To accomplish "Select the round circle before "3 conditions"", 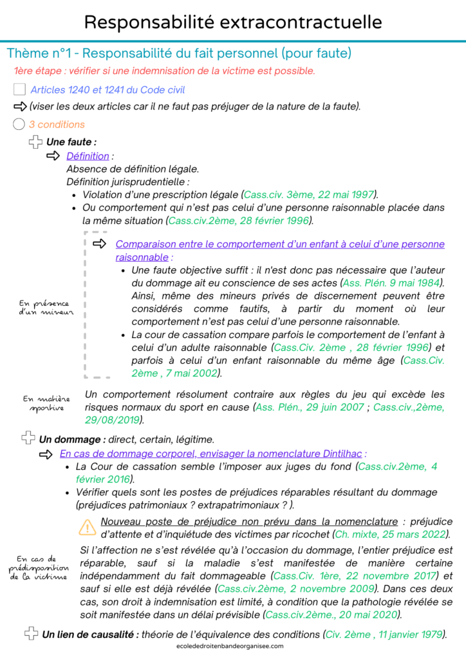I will point(19,124).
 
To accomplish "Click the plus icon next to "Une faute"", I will point(35,142).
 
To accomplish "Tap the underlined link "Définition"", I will point(88,156).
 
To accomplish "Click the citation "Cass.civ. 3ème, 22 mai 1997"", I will point(310,194).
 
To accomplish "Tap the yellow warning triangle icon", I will point(87,528).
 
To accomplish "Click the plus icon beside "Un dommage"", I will point(28,439).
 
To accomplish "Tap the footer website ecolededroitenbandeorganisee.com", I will point(232,646).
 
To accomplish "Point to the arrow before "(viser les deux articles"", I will point(20,106).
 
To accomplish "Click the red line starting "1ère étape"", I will point(164,71).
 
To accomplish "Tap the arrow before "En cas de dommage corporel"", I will point(47,454).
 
